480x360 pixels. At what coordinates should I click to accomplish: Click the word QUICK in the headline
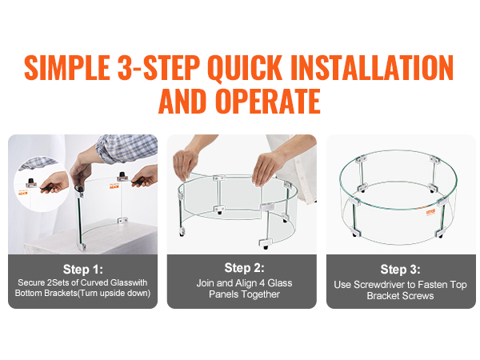(x=244, y=68)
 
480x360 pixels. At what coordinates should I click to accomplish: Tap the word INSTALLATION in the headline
(x=372, y=67)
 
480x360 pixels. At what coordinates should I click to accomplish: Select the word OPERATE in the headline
(x=268, y=101)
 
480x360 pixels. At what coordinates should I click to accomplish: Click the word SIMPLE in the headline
(x=67, y=67)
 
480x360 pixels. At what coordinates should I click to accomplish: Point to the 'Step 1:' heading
(x=83, y=270)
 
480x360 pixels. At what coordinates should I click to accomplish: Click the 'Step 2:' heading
(x=244, y=268)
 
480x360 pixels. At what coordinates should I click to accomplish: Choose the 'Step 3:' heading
(x=401, y=270)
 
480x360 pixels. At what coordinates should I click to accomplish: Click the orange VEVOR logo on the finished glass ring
(x=430, y=213)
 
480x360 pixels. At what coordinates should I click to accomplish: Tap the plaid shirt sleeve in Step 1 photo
(x=126, y=148)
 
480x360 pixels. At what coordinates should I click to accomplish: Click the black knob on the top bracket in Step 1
(x=122, y=174)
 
